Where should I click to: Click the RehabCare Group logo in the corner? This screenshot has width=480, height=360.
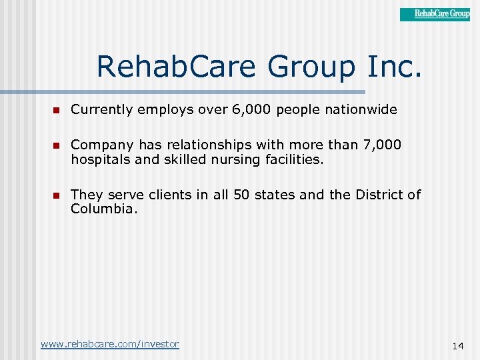pyautogui.click(x=435, y=14)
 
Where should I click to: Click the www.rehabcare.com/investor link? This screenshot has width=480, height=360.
pyautogui.click(x=109, y=344)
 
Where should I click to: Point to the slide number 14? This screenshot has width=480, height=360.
pyautogui.click(x=457, y=345)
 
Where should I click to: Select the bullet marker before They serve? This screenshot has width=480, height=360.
pyautogui.click(x=57, y=195)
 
